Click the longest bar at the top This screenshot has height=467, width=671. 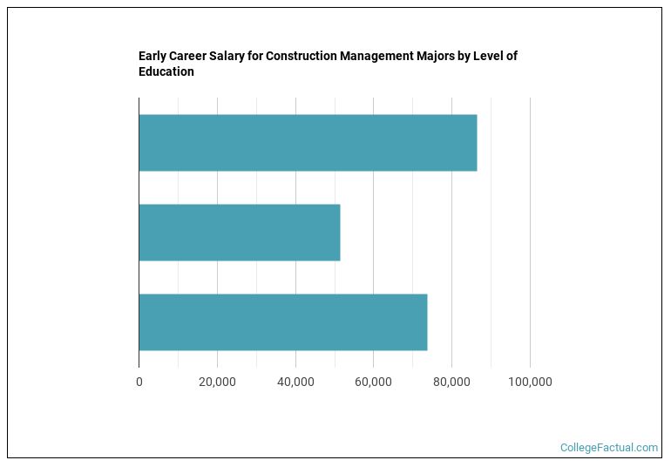pos(308,142)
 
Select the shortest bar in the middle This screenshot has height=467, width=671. pos(240,233)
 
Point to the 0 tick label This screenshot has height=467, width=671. pos(139,382)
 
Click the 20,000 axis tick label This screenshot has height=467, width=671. pos(217,382)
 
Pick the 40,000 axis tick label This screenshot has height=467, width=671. pos(295,382)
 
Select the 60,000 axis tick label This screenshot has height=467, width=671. pos(373,382)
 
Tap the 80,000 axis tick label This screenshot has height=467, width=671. pos(451,382)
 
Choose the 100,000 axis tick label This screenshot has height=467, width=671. pos(530,382)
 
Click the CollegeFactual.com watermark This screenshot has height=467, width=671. pos(609,448)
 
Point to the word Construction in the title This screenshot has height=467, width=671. pos(301,57)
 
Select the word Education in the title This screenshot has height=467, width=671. pos(166,72)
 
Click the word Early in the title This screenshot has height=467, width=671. pos(152,57)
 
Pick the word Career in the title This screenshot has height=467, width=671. pos(188,57)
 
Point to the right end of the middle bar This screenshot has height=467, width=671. pos(339,233)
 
